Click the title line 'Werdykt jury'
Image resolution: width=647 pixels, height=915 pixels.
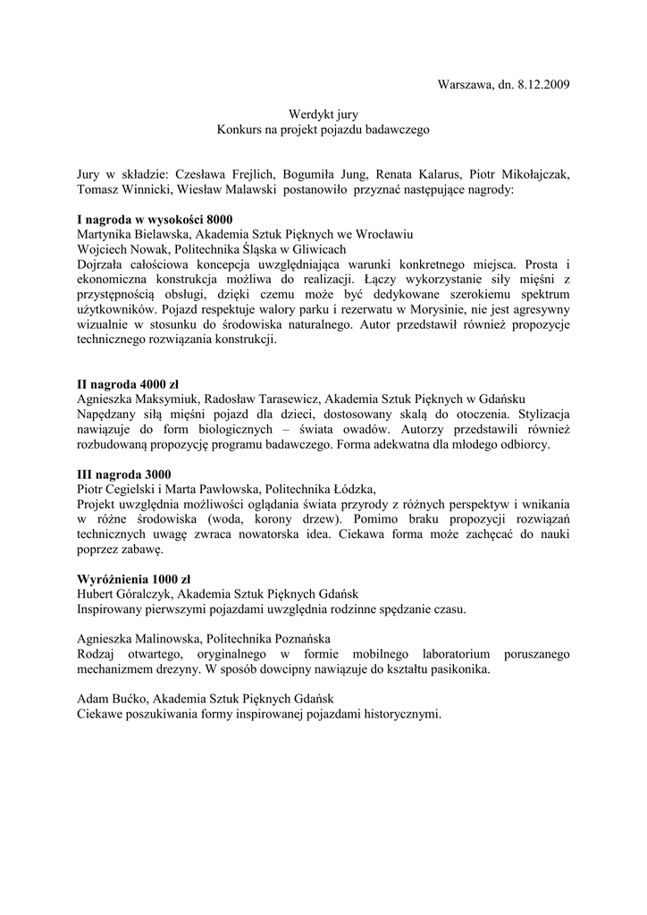(323, 115)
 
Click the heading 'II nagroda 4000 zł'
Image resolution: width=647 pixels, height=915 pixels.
(128, 383)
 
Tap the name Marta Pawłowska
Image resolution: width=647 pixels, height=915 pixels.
(218, 489)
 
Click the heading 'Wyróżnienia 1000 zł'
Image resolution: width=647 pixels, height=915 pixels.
(132, 579)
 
